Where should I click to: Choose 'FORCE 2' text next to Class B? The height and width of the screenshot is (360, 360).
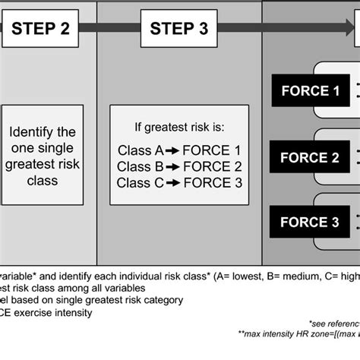pos(216,166)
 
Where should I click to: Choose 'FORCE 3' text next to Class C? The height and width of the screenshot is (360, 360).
pos(216,182)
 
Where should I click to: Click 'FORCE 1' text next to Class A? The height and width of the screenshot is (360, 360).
pos(216,150)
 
